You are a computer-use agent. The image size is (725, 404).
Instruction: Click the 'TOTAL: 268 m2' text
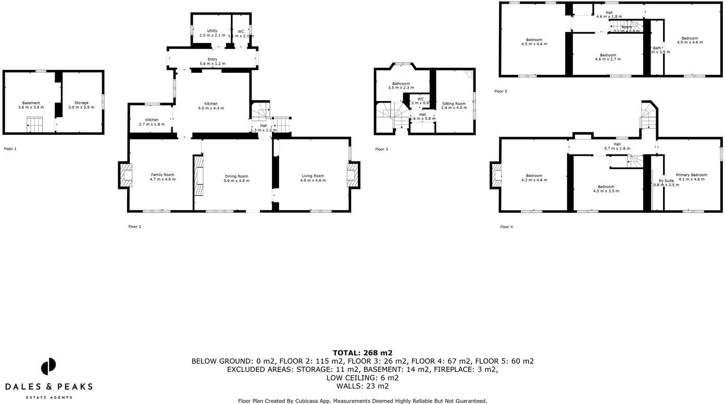coord(362,353)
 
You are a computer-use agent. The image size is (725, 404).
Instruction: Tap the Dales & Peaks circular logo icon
coord(48,367)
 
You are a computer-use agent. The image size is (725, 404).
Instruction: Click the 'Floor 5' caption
coord(501,92)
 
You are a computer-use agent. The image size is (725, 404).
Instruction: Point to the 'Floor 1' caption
coord(10,149)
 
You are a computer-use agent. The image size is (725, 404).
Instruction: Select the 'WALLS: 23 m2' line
coord(362,386)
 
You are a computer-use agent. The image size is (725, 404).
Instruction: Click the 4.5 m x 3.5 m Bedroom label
coord(606,189)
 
